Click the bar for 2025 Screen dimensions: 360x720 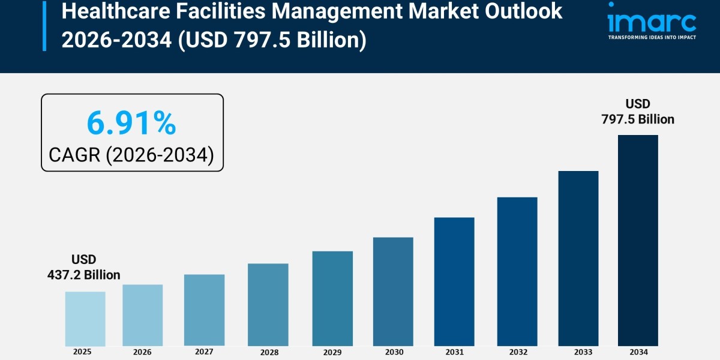(x=85, y=319)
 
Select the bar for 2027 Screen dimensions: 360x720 (x=204, y=310)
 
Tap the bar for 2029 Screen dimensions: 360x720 (x=332, y=298)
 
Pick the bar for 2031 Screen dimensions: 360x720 (x=454, y=281)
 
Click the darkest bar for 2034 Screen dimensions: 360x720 (x=638, y=240)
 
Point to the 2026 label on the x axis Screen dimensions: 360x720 (x=142, y=352)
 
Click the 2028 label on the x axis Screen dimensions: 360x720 (x=268, y=352)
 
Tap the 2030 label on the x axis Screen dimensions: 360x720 (x=393, y=352)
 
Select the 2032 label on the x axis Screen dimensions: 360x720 (x=517, y=352)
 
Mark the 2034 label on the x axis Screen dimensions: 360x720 (x=638, y=352)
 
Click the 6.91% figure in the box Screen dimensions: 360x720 (x=131, y=124)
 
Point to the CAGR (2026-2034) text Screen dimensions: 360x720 (x=131, y=155)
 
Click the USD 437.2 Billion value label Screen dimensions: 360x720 (x=84, y=268)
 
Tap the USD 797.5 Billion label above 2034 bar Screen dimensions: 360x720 (x=638, y=112)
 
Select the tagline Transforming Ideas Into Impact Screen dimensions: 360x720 (x=652, y=37)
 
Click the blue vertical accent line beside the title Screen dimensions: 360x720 (x=44, y=25)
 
